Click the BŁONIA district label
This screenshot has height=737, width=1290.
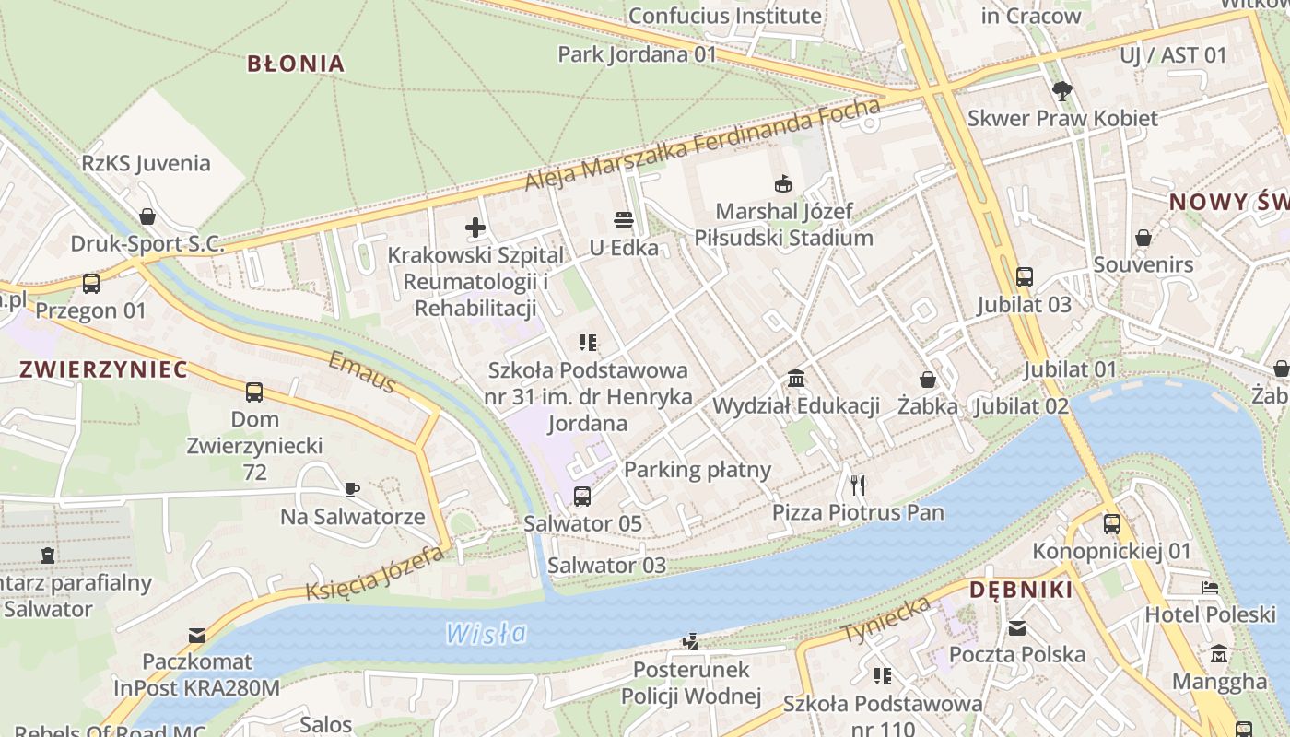pos(296,64)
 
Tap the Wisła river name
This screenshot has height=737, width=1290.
pos(487,633)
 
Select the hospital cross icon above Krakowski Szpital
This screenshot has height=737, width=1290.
pos(475,228)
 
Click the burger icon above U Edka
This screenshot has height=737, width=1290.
pos(624,220)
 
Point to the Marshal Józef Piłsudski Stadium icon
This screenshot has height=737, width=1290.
pos(783,184)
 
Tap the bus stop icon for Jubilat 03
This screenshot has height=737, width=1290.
pos(1024,276)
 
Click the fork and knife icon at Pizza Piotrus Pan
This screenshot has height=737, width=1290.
pos(858,485)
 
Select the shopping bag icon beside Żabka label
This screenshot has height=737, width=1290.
pos(928,380)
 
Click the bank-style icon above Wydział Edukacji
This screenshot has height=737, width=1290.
pos(796,379)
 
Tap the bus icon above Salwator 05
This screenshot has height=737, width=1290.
pos(582,497)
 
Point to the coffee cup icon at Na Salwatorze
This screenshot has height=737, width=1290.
pos(352,489)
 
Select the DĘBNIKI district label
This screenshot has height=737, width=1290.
pos(1021,591)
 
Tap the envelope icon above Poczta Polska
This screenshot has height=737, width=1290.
pos(1017,628)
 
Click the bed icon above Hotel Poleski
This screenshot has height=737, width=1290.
pos(1210,588)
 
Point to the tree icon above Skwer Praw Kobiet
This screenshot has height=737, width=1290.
pos(1062,90)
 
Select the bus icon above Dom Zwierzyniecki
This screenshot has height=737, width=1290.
pos(254,392)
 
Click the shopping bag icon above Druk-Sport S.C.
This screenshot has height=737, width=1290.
pos(147,216)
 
